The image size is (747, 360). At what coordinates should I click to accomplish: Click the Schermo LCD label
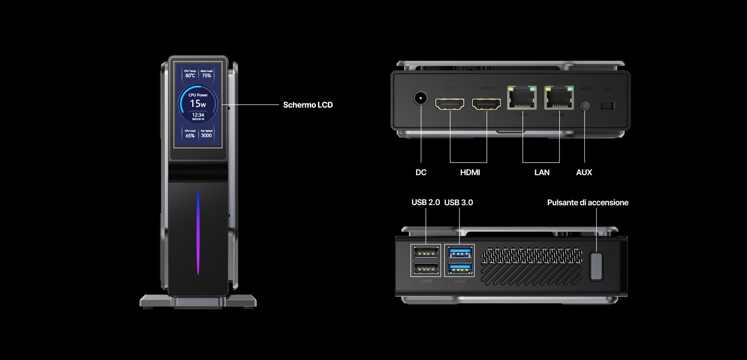[x=308, y=105]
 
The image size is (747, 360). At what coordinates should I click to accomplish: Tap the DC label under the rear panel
[x=421, y=172]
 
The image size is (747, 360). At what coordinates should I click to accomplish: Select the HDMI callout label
[x=470, y=172]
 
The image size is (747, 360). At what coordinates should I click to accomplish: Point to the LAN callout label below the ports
[x=542, y=172]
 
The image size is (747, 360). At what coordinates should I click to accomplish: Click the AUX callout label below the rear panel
[x=584, y=172]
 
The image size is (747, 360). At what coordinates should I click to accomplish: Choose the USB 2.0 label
[x=426, y=202]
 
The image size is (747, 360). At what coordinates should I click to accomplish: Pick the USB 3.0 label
[x=459, y=202]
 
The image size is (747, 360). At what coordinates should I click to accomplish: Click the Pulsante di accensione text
[x=587, y=203]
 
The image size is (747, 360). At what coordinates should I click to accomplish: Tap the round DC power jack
[x=420, y=98]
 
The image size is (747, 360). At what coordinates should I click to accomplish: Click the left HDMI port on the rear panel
[x=450, y=104]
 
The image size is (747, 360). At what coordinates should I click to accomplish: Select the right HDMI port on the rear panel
[x=486, y=104]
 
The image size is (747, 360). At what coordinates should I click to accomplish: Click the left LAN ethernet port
[x=522, y=98]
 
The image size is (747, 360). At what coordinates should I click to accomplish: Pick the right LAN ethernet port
[x=559, y=98]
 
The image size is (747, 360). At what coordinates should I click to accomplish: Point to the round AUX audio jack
[x=585, y=106]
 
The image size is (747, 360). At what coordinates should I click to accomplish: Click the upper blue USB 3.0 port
[x=460, y=252]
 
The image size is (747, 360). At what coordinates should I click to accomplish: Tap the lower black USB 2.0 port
[x=426, y=269]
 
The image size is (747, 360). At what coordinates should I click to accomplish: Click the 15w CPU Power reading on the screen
[x=198, y=104]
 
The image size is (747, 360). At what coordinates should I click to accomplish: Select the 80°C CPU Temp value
[x=190, y=75]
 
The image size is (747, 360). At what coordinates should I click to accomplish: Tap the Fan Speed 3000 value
[x=206, y=135]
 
